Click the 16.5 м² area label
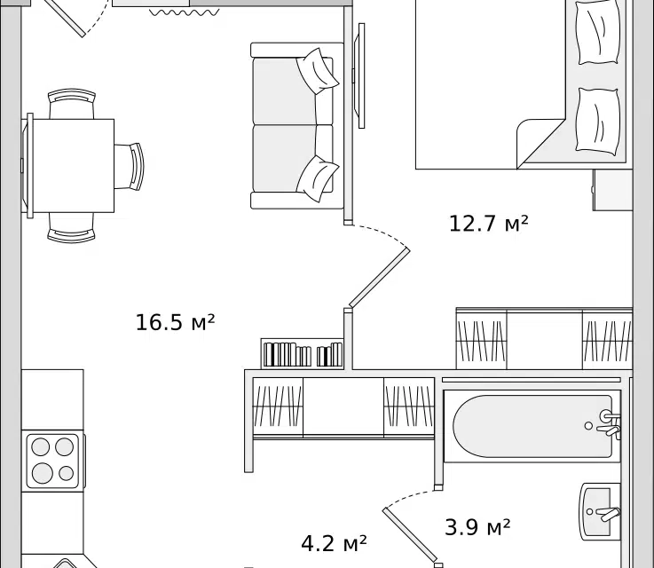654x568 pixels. coord(176,322)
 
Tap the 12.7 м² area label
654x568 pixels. coord(488,223)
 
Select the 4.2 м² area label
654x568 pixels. coord(334,542)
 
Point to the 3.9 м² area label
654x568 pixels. coord(477,528)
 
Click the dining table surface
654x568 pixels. coord(72,166)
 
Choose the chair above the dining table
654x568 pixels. coord(72,104)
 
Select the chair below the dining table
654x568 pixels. coord(72,229)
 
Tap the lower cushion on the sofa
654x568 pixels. coord(316,177)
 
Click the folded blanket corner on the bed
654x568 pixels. coord(538,140)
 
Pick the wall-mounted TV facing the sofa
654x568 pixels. coord(359,76)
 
